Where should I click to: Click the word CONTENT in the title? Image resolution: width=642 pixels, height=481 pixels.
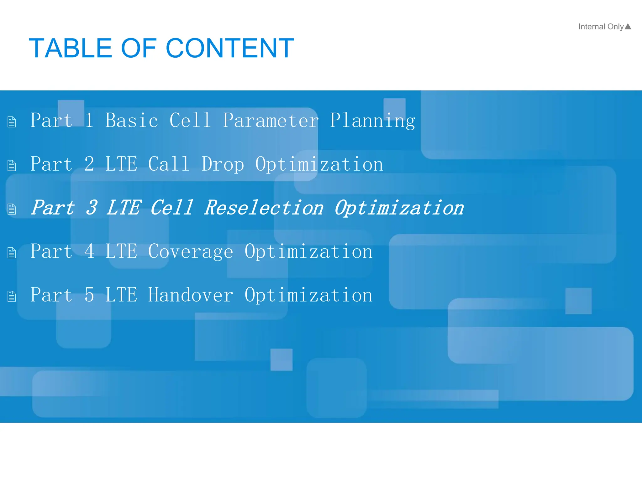coord(230,48)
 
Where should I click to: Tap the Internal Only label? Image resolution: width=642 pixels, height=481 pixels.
coord(601,27)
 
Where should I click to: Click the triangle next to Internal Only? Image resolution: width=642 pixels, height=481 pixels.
coord(628,27)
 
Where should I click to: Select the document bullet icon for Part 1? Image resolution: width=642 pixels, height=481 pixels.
coord(12,122)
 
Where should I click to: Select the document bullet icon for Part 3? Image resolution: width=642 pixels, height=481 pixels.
coord(12,209)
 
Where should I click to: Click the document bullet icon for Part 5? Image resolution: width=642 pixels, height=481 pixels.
coord(12,296)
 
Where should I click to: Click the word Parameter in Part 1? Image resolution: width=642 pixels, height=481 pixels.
coord(271,120)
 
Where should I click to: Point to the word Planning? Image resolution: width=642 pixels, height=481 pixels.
coord(372,121)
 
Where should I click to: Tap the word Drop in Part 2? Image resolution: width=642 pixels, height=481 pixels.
coord(223,164)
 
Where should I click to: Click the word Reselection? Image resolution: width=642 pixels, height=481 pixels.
coord(264,208)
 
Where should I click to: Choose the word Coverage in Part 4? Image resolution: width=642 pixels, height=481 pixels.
coord(191,252)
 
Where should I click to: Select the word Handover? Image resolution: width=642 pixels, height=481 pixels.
coord(191,295)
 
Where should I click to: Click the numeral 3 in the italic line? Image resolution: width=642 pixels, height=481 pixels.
coord(92,208)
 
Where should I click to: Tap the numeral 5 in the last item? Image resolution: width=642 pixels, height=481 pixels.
coord(89,295)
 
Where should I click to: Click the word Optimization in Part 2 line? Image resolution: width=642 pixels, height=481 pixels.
coord(319,164)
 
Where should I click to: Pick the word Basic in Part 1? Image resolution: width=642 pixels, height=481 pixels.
coord(132,120)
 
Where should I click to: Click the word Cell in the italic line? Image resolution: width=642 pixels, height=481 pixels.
coord(171,208)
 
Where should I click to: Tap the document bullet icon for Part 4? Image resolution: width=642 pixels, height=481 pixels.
coord(12,253)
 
